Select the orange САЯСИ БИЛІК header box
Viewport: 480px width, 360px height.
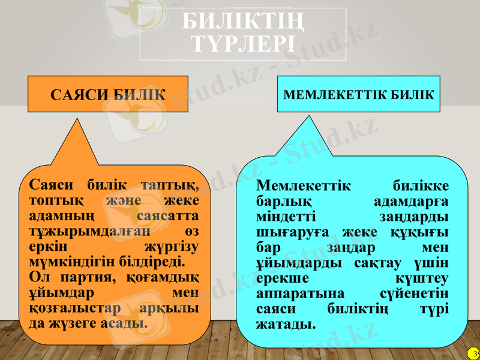(x=108, y=94)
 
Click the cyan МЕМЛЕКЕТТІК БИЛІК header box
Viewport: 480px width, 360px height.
(x=358, y=94)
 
